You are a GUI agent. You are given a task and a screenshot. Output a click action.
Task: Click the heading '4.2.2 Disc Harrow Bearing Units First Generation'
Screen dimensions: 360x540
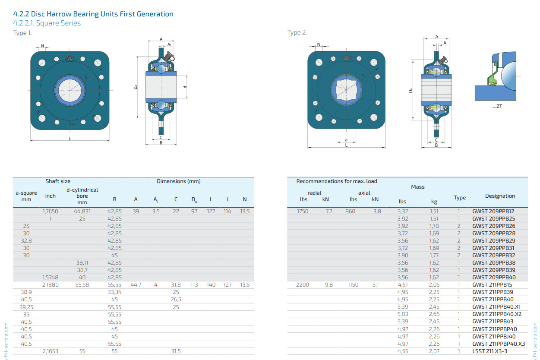tap(93, 14)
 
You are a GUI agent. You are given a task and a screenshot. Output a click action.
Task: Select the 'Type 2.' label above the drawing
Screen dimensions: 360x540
tap(297, 33)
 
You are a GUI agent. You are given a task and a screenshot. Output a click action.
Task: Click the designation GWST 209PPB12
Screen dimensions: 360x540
tap(493, 212)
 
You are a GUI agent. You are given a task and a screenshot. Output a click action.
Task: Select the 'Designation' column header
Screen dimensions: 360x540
tap(500, 196)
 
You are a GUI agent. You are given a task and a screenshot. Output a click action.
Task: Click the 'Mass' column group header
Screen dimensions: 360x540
tap(417, 187)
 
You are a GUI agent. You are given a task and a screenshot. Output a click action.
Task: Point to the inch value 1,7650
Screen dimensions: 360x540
tap(51, 212)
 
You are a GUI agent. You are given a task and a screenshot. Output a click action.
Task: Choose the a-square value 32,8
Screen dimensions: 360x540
tap(26, 241)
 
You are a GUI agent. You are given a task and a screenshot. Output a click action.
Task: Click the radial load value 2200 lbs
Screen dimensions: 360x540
tap(303, 285)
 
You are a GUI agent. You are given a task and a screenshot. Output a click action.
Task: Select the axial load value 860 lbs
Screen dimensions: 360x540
tap(350, 212)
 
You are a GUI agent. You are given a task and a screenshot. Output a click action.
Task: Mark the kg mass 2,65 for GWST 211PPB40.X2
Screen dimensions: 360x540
tap(434, 314)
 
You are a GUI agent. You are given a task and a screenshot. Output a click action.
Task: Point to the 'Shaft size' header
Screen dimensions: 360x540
tap(58, 181)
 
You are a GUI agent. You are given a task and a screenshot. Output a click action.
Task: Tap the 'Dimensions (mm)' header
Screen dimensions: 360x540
tap(178, 181)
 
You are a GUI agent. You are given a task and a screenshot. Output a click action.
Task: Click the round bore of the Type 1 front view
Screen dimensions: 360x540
tap(69, 90)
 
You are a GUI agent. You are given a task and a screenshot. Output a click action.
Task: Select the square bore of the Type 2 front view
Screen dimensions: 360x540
tap(346, 90)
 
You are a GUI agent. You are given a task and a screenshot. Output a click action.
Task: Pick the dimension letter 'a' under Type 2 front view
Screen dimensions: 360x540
tap(346, 140)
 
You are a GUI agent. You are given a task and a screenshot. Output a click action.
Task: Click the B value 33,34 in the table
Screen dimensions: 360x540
tap(114, 292)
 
